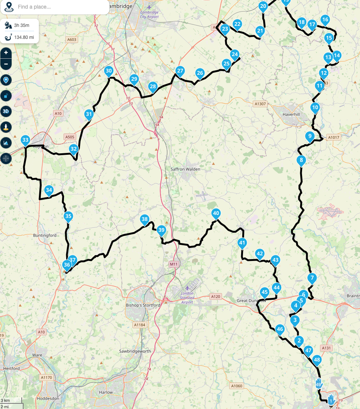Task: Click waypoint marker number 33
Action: coord(25,141)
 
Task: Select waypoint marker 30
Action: coord(109,71)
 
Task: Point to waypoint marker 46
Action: coord(280,329)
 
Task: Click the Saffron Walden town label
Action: coord(185,169)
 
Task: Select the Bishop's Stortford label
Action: coord(143,305)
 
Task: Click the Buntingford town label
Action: coord(45,236)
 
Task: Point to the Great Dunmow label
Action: coord(252,301)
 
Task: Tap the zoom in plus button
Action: coord(6,53)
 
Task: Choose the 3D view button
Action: coord(6,111)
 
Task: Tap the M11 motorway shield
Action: coord(173,264)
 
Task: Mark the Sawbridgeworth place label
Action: coord(135,351)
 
